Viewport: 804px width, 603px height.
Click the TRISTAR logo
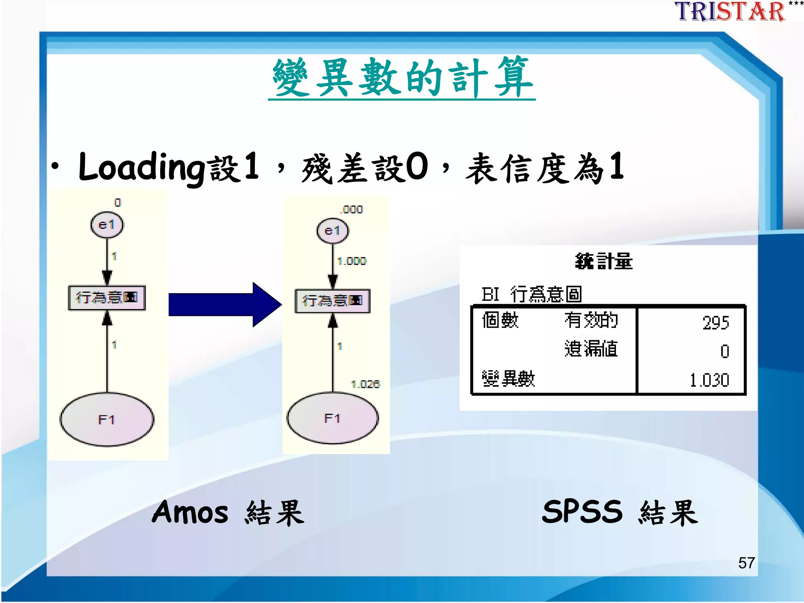(730, 12)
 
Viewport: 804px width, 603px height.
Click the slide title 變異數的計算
(402, 77)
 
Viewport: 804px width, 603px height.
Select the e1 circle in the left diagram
(107, 225)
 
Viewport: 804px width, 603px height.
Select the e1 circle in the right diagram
(333, 231)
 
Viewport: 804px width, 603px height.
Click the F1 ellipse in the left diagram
(107, 419)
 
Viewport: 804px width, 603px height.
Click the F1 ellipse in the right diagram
(333, 418)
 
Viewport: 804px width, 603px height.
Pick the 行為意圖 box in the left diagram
(107, 298)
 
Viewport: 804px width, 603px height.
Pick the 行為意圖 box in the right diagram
(333, 301)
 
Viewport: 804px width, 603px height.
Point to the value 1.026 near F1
(365, 384)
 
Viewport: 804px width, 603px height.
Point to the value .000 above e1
(352, 210)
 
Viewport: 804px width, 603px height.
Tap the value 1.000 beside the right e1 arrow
(351, 261)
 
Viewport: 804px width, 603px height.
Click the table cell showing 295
(715, 323)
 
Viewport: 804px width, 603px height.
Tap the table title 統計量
(604, 261)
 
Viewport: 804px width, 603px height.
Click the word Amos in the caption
(190, 512)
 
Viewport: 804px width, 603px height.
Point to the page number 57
(746, 563)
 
